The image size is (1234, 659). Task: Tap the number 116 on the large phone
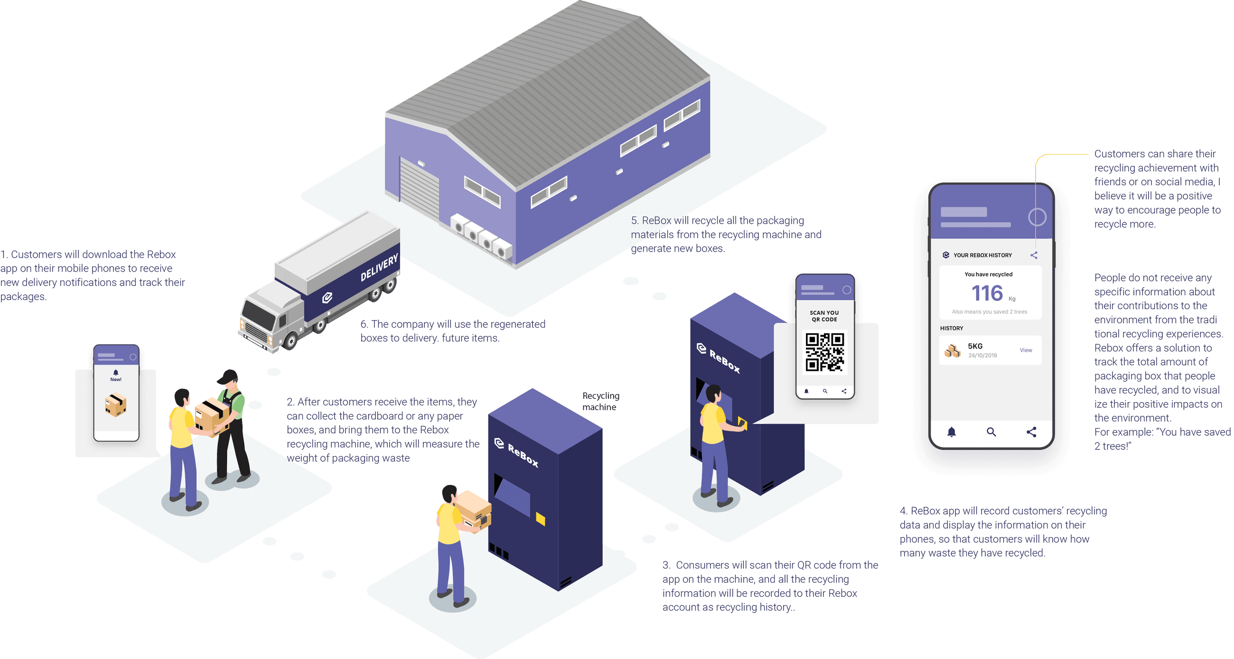point(987,293)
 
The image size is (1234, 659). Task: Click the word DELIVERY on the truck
point(379,268)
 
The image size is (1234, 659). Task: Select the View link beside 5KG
point(1026,350)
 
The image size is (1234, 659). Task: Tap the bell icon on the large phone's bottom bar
point(952,432)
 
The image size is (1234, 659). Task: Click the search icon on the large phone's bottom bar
point(991,432)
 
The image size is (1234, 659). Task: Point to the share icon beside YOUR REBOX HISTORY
point(1034,256)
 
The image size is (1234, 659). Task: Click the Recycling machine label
point(600,402)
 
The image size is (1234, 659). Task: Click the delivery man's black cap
point(228,376)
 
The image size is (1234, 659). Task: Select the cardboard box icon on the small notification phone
point(115,405)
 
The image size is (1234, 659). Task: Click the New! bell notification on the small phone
point(116,375)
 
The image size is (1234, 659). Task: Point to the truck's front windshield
point(259,316)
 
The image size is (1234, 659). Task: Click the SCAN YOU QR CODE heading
point(824,316)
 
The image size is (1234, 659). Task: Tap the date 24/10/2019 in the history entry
point(982,356)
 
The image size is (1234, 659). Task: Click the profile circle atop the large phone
point(1037,217)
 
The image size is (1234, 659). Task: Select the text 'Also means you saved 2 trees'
point(989,312)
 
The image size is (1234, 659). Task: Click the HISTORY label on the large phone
point(952,328)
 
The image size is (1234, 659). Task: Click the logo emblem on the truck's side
point(327,298)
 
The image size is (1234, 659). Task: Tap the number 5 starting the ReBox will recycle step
point(634,220)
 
